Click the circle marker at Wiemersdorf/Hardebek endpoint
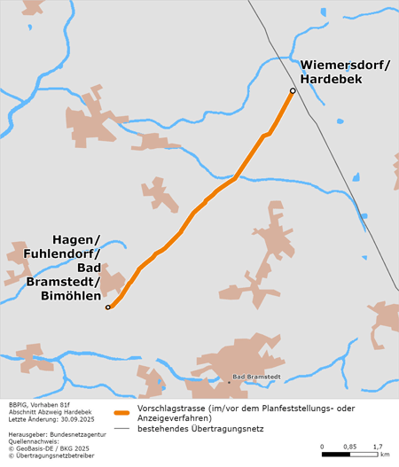point(293,90)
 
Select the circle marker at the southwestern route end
point(108,307)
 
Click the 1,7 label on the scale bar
point(377,446)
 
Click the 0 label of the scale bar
point(323,446)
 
